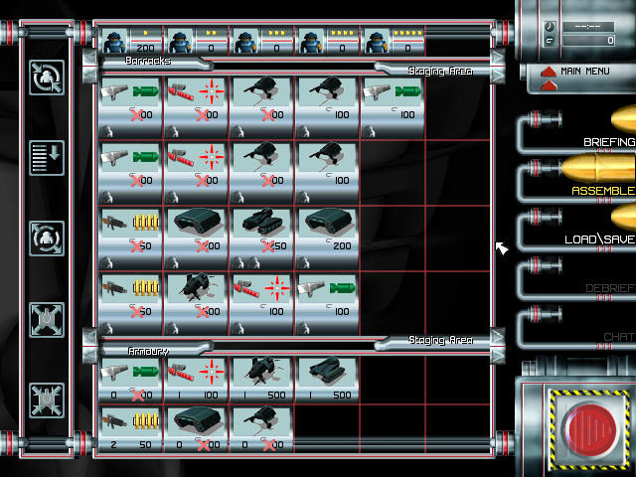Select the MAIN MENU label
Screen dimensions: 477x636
tap(583, 72)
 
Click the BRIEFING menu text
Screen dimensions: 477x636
tap(609, 142)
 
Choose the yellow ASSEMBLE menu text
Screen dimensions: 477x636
tap(602, 190)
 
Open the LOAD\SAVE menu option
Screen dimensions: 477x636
tap(599, 239)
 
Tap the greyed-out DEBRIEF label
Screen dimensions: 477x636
tap(609, 288)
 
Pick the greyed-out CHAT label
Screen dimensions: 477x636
tap(618, 337)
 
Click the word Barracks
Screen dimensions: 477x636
tap(149, 61)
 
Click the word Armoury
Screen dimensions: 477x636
tap(149, 351)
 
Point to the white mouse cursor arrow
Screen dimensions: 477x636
tap(501, 247)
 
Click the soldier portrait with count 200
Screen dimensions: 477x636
tap(131, 41)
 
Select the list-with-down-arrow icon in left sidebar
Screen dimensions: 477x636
tap(47, 156)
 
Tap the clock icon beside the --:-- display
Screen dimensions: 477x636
tap(551, 27)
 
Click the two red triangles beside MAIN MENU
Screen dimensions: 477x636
tap(546, 73)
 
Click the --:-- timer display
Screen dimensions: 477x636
tap(581, 27)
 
